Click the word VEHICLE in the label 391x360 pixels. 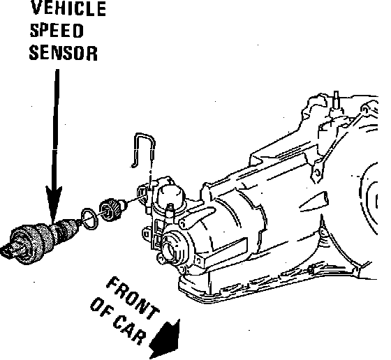(68, 8)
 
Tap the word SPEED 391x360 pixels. (57, 31)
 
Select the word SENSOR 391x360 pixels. (64, 53)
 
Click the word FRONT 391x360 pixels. (133, 298)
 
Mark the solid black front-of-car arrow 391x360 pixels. (165, 339)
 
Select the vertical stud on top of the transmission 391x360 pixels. (336, 100)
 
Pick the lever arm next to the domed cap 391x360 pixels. (197, 217)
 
